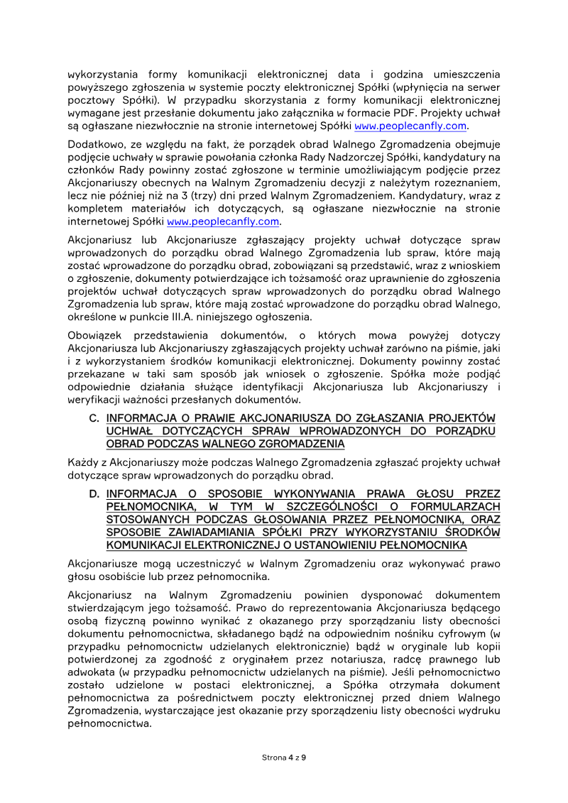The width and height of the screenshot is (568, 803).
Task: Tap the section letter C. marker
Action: tap(94, 418)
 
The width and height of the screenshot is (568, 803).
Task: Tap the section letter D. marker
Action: tap(94, 494)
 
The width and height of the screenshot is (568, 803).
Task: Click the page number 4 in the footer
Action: tap(290, 758)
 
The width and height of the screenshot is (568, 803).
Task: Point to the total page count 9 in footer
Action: tap(304, 758)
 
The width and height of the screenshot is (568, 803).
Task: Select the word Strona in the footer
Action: tap(274, 758)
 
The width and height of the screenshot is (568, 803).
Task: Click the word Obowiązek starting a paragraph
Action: tap(96, 335)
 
